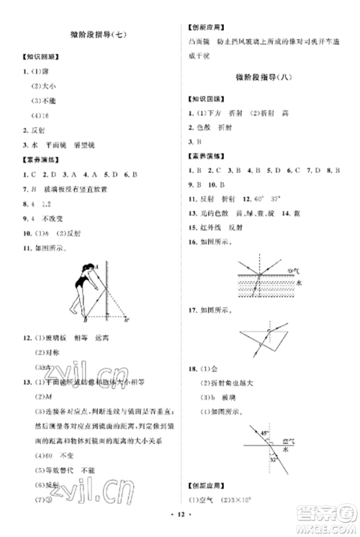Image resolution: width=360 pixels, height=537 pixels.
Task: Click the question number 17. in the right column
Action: (192, 310)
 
